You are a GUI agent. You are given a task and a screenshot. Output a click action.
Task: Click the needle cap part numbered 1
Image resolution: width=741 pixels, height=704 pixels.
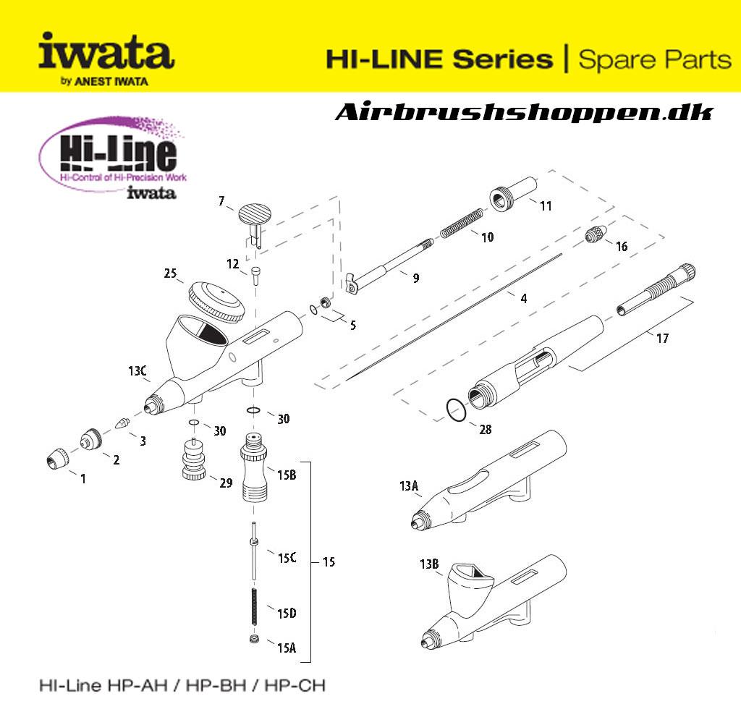[x=56, y=458]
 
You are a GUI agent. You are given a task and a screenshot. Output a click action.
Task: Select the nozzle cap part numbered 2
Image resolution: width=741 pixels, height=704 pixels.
[x=92, y=439]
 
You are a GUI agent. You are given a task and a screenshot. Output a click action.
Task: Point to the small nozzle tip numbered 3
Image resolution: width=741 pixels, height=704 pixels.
[x=123, y=421]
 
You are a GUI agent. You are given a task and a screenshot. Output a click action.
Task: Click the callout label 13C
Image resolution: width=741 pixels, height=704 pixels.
[x=137, y=372]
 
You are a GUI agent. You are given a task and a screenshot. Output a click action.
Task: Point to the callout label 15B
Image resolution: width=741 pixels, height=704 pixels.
[x=287, y=474]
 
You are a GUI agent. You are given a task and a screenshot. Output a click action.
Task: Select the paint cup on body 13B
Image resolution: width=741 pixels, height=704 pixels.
[x=471, y=581]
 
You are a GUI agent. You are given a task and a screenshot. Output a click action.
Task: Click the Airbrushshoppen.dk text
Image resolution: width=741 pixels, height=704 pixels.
[x=524, y=113]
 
